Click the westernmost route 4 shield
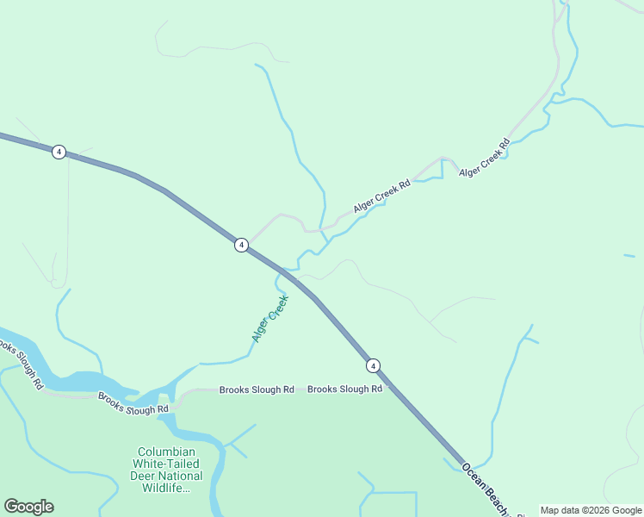59,152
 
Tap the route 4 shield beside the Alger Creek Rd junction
242,245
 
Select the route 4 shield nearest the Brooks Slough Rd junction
373,365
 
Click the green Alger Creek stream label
269,319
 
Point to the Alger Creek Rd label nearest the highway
381,197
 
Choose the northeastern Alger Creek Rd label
485,161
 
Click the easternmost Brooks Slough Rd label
344,389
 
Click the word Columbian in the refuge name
166,452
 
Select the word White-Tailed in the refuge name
166,464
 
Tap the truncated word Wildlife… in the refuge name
166,489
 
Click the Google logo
28,507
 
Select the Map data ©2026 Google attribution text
591,510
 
